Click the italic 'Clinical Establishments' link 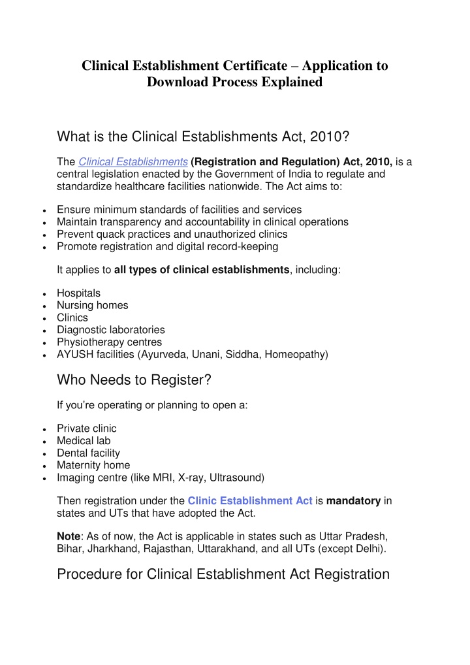click(133, 162)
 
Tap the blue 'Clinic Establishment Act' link click(249, 501)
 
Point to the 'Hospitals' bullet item click(78, 293)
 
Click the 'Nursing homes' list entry click(92, 305)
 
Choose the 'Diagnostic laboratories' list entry click(110, 330)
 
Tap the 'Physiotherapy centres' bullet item click(109, 342)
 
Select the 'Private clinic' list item click(87, 429)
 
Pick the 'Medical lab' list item click(83, 441)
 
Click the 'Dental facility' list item click(88, 453)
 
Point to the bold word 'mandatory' click(353, 501)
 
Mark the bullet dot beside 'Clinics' click(42, 319)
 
